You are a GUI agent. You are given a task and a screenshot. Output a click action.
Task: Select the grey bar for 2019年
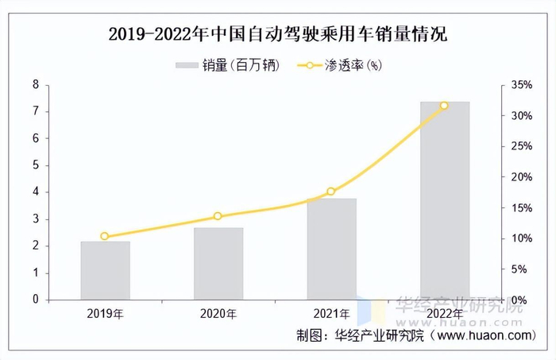click(x=105, y=270)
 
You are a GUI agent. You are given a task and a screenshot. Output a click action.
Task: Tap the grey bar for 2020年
click(x=218, y=264)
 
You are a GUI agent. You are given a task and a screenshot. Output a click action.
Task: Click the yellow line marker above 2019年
click(x=105, y=236)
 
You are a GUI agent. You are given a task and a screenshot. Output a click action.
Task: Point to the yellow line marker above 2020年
click(x=218, y=216)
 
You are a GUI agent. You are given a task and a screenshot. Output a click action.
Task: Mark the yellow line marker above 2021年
click(x=331, y=192)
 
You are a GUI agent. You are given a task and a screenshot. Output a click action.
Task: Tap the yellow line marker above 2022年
click(x=444, y=106)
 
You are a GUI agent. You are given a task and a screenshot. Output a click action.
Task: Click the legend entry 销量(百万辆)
click(x=227, y=66)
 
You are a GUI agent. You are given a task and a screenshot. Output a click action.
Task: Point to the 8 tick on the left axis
click(x=36, y=84)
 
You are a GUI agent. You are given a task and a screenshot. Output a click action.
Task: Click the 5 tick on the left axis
click(x=36, y=165)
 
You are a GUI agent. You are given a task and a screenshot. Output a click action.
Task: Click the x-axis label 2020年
click(x=218, y=314)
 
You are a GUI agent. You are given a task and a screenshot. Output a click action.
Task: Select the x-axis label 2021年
click(x=331, y=314)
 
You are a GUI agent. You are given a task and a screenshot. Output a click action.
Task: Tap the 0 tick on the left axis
click(x=36, y=300)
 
